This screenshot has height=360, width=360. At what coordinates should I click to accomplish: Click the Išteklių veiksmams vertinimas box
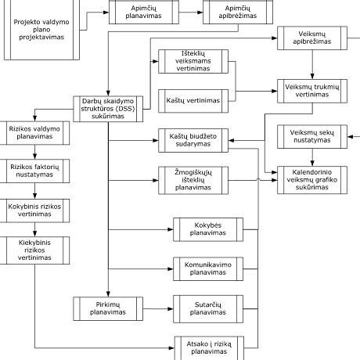(193, 61)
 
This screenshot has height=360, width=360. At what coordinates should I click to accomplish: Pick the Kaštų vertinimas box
(193, 100)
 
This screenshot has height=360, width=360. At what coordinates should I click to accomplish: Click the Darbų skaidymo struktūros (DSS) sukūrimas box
(109, 107)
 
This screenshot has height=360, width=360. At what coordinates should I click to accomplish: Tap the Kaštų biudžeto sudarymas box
(193, 139)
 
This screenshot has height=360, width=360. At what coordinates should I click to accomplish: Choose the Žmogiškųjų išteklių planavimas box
(193, 179)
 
